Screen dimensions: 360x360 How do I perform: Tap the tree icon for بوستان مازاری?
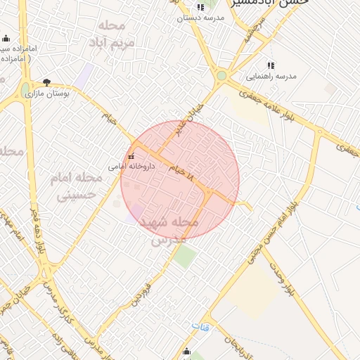47,82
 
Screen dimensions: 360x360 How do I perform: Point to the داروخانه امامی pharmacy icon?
131,156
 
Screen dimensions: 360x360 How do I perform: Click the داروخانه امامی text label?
127,167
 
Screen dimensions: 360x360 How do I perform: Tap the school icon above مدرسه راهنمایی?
271,65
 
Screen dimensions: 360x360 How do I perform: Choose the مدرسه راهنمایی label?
271,75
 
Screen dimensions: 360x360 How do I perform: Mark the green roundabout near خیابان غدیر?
222,75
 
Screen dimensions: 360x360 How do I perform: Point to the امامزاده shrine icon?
6,39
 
